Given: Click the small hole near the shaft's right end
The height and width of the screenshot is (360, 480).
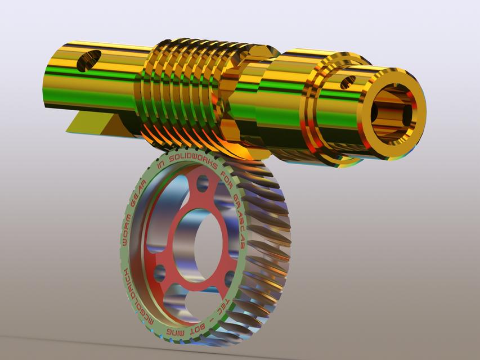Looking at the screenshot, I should (348, 82).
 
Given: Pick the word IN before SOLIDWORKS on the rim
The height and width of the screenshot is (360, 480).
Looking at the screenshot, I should (162, 164).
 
